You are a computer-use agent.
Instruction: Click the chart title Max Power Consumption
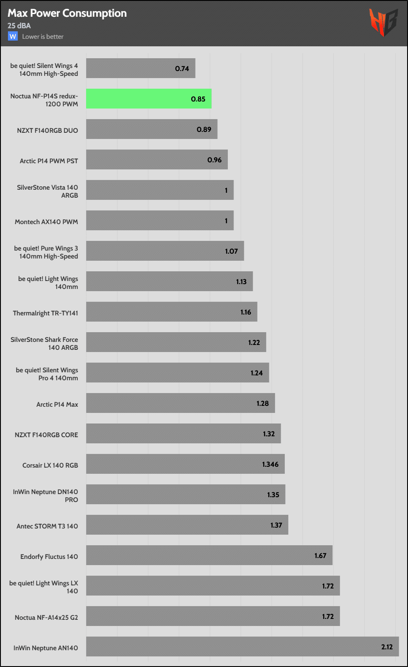click(67, 13)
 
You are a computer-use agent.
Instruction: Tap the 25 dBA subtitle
click(19, 26)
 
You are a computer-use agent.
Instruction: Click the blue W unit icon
click(12, 36)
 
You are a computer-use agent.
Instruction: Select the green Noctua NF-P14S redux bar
click(149, 99)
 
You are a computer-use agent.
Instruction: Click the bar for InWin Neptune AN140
click(242, 646)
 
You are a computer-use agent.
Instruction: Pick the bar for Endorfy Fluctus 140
click(209, 555)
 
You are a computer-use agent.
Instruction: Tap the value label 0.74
click(182, 68)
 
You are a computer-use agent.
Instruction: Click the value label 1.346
click(270, 464)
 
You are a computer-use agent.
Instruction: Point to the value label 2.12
click(388, 647)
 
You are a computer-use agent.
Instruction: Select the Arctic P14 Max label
click(57, 404)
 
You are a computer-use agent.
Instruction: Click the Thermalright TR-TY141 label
click(45, 313)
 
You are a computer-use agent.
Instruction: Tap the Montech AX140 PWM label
click(46, 221)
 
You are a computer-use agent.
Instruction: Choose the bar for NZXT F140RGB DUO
click(151, 129)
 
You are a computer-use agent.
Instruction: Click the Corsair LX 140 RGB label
click(50, 465)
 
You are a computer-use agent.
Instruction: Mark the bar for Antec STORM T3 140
click(187, 525)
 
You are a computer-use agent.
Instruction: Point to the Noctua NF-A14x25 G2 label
click(46, 617)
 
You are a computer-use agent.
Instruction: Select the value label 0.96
click(215, 160)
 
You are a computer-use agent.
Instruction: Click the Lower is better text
click(43, 37)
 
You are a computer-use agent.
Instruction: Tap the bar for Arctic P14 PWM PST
click(157, 160)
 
